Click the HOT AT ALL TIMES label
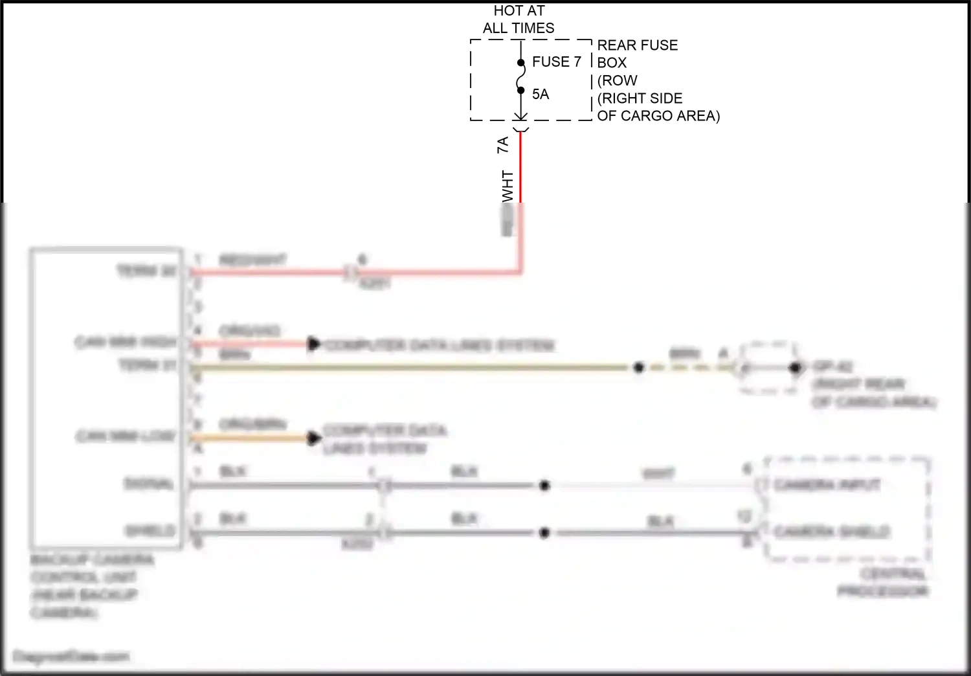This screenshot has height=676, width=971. click(519, 19)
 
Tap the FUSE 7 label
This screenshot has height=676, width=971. click(556, 62)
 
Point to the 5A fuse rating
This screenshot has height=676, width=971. click(541, 95)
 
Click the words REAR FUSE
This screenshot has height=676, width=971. click(637, 45)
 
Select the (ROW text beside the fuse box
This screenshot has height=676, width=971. click(617, 81)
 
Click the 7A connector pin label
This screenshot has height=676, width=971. click(503, 144)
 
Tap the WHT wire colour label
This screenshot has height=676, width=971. click(508, 186)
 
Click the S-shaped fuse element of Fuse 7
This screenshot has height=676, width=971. click(520, 77)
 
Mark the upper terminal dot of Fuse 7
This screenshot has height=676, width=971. click(520, 63)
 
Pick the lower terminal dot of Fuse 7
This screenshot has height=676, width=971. click(520, 91)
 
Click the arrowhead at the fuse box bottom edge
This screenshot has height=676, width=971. click(520, 117)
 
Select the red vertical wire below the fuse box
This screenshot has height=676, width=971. click(520, 168)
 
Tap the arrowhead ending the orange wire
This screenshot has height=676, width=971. click(314, 438)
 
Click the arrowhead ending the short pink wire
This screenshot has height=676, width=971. click(314, 344)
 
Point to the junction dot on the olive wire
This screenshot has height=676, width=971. click(638, 368)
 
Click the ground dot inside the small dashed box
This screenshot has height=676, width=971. click(794, 368)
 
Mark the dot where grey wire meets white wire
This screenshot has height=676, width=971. click(544, 485)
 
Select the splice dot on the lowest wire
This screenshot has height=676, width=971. click(544, 533)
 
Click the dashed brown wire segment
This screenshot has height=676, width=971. click(686, 368)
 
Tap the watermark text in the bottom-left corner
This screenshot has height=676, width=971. click(71, 657)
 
